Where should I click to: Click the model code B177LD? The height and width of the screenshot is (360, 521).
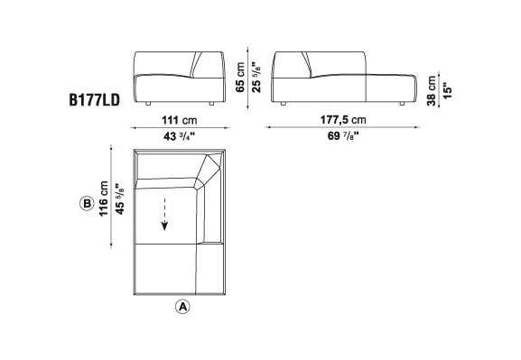point(95,100)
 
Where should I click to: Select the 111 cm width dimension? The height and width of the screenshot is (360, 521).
point(180,120)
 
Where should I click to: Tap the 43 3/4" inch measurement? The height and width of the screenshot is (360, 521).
point(180,136)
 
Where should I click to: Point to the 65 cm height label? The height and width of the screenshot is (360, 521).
point(240,78)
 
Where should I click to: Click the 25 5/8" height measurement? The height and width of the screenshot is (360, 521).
point(256,77)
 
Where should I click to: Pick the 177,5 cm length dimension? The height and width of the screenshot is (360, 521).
point(343,120)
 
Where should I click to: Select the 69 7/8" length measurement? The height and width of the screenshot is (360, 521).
point(343,136)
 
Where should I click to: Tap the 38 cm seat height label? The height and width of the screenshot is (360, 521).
point(431,90)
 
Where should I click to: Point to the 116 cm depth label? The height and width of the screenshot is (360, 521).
point(104,198)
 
